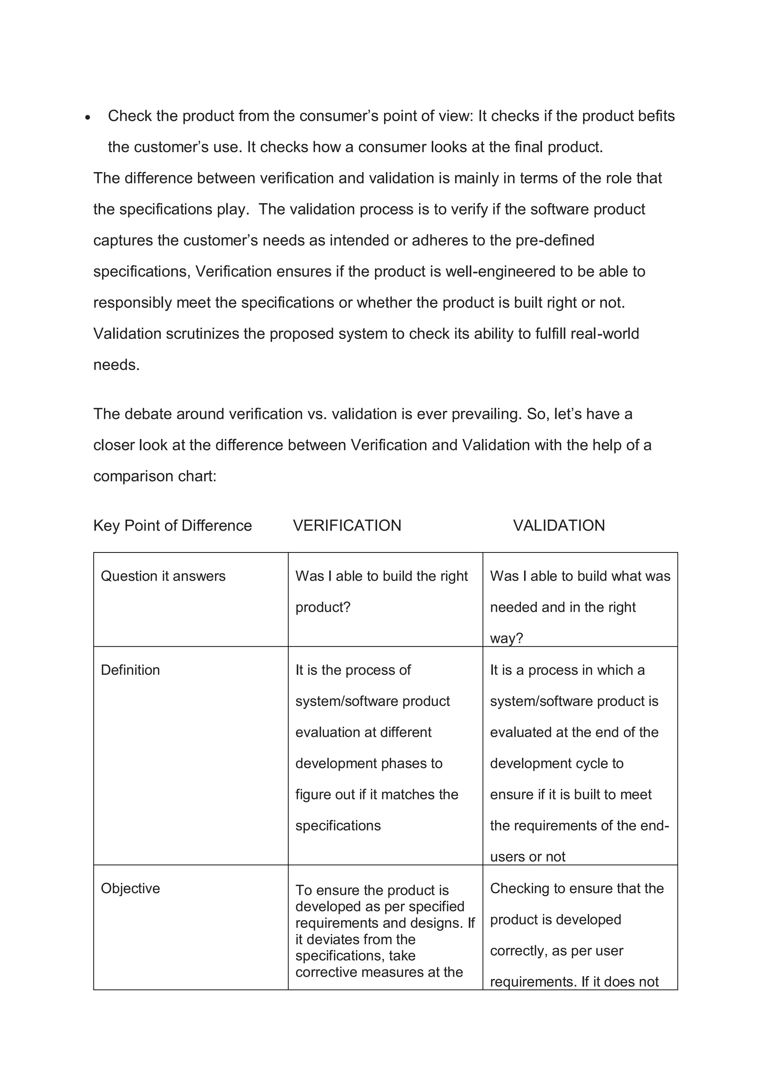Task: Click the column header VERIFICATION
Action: (347, 526)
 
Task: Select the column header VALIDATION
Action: (559, 526)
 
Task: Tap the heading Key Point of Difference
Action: (172, 526)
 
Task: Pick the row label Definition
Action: (130, 670)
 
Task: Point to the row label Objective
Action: (130, 888)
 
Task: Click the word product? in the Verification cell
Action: (323, 607)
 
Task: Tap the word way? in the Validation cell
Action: (506, 638)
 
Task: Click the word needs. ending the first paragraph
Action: (116, 365)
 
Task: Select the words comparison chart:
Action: (155, 476)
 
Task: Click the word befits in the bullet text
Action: (657, 116)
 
